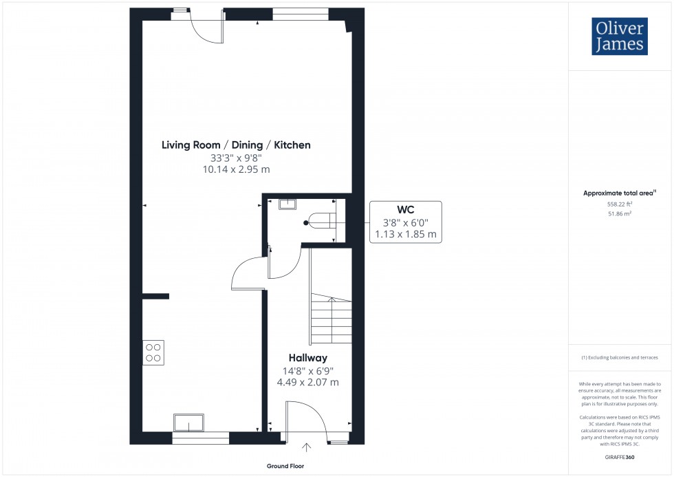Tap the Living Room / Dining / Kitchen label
coord(236,145)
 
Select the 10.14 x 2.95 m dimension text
coord(236,169)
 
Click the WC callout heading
coord(404,209)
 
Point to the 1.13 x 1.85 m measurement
coord(405,234)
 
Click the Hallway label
coord(307,358)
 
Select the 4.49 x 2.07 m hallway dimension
coord(307,382)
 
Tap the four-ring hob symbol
coord(153,352)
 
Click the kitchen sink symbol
coord(189,423)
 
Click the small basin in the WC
coord(287,203)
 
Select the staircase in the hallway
coord(331,320)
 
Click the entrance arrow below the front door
coord(306,448)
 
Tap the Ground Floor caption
coord(287,466)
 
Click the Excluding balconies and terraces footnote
coord(619,357)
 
